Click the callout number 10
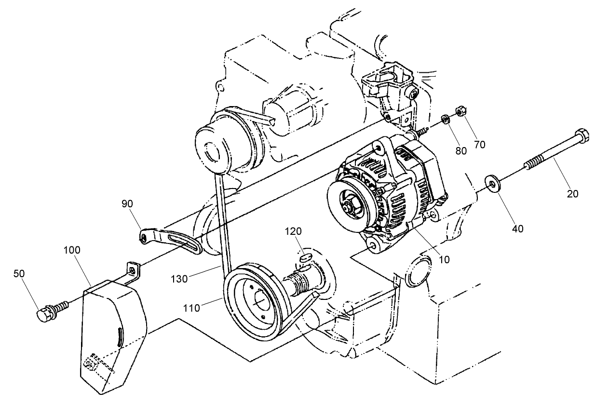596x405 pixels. click(444, 259)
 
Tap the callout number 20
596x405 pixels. click(573, 194)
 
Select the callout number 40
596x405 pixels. click(517, 229)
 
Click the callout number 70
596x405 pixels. click(479, 144)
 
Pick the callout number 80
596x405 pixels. click(461, 150)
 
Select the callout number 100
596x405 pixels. click(71, 250)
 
